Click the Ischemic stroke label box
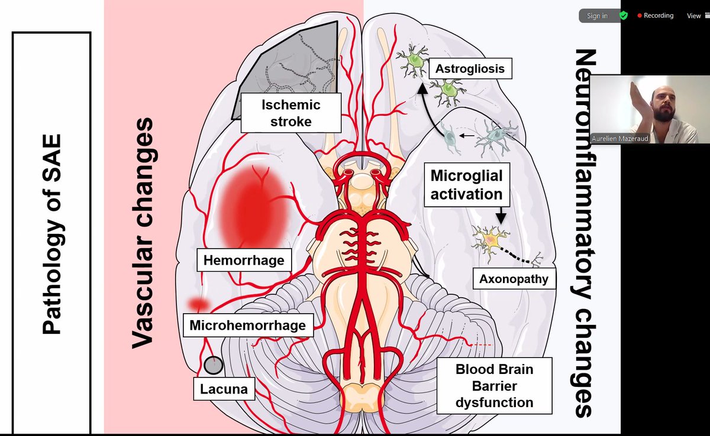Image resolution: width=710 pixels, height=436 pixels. tap(291, 113)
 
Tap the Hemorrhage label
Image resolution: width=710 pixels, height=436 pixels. tap(244, 260)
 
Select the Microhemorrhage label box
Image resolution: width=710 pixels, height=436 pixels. tap(247, 325)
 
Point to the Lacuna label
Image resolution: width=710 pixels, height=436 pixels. tap(224, 389)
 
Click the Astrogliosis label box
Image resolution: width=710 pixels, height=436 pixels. tap(470, 69)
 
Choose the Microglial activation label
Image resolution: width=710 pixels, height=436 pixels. tap(466, 184)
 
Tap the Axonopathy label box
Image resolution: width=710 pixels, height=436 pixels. tap(514, 278)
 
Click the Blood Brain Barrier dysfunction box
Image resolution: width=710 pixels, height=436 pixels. tap(495, 386)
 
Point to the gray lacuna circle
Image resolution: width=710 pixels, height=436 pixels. tap(214, 365)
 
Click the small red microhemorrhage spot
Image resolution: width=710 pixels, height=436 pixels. tap(199, 304)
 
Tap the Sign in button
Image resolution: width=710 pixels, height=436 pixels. tap(597, 16)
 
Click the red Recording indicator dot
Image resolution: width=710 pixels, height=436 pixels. tap(640, 16)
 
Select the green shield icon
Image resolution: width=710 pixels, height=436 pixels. tap(623, 16)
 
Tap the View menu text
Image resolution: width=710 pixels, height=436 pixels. tap(693, 16)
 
